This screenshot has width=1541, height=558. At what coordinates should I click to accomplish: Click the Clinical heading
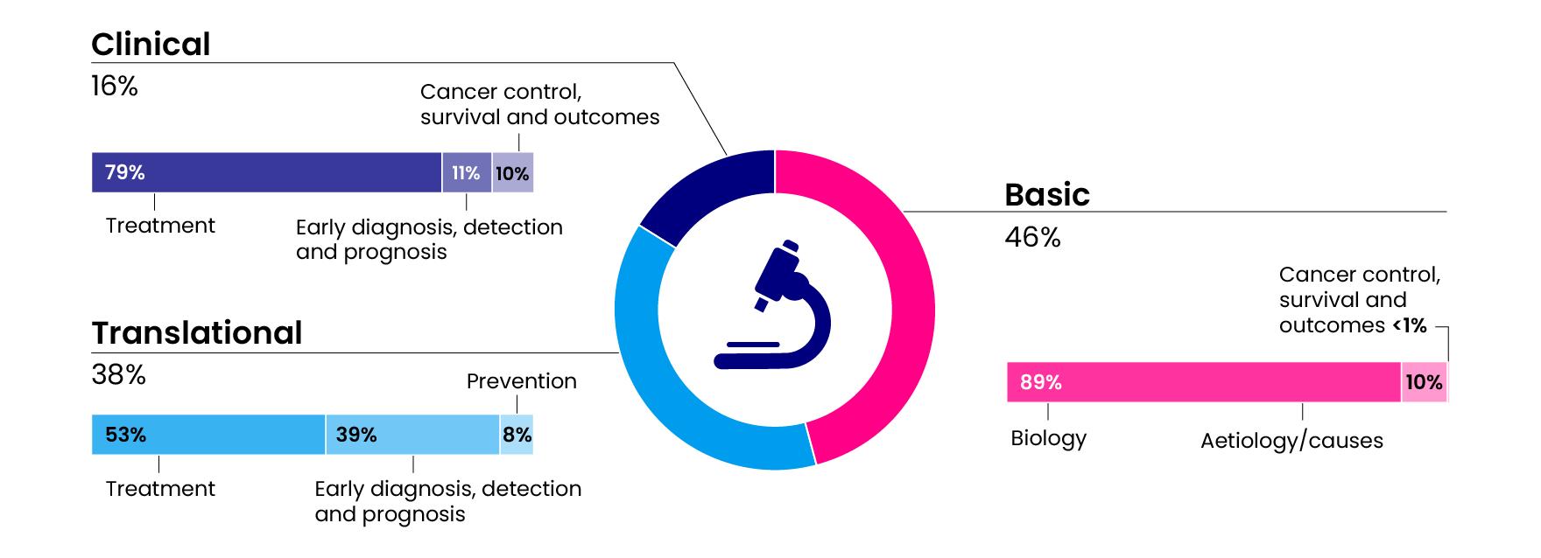(151, 44)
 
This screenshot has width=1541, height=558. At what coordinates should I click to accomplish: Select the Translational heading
(197, 333)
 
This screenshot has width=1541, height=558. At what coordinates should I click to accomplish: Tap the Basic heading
(1046, 194)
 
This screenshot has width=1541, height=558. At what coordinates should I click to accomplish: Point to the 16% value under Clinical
(115, 87)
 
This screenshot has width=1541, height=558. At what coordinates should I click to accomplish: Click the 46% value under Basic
(1032, 237)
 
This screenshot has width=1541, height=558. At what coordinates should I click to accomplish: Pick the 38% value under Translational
(118, 375)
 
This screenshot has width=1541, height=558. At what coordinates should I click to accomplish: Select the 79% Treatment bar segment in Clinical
(266, 172)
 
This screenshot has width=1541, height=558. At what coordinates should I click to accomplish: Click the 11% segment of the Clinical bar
(466, 172)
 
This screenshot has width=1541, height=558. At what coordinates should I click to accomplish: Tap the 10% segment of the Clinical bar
(512, 172)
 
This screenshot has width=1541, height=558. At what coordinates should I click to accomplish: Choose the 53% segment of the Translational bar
(208, 435)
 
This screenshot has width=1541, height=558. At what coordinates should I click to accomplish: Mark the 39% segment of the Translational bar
(412, 435)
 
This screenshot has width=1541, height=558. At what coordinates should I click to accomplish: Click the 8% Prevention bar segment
(517, 435)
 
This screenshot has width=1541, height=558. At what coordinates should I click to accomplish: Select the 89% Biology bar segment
(1203, 382)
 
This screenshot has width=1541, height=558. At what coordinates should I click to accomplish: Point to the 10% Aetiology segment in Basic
(1424, 382)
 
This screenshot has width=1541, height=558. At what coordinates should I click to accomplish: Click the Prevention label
(521, 381)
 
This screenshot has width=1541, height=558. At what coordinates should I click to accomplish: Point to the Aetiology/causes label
(1291, 441)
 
